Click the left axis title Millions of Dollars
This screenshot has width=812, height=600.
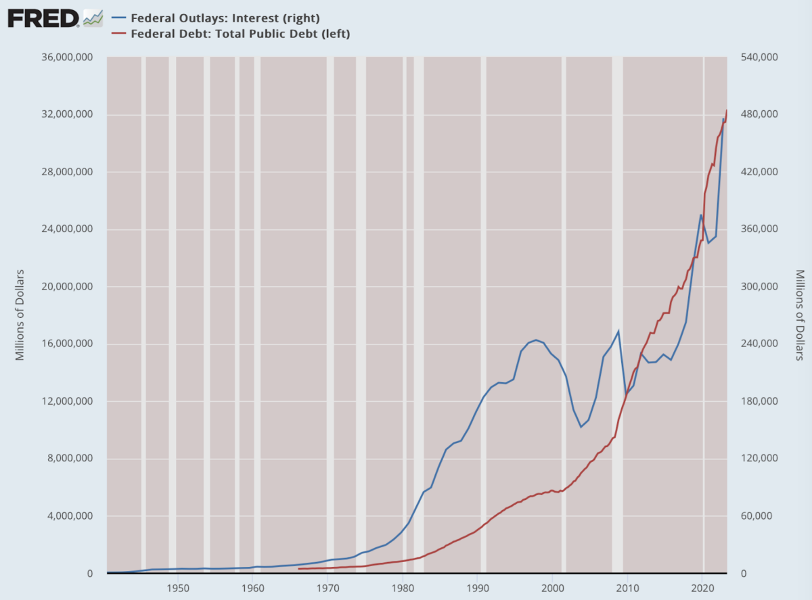20,315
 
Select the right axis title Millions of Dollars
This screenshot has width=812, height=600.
799,315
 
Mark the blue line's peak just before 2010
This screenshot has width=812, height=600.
618,331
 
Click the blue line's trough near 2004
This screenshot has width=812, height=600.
581,427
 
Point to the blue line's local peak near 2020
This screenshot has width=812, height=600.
701,215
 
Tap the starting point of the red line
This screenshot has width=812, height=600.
298,569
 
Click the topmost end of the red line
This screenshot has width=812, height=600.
727,110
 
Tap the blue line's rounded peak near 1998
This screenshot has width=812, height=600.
536,340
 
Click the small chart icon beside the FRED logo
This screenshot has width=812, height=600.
93,18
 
